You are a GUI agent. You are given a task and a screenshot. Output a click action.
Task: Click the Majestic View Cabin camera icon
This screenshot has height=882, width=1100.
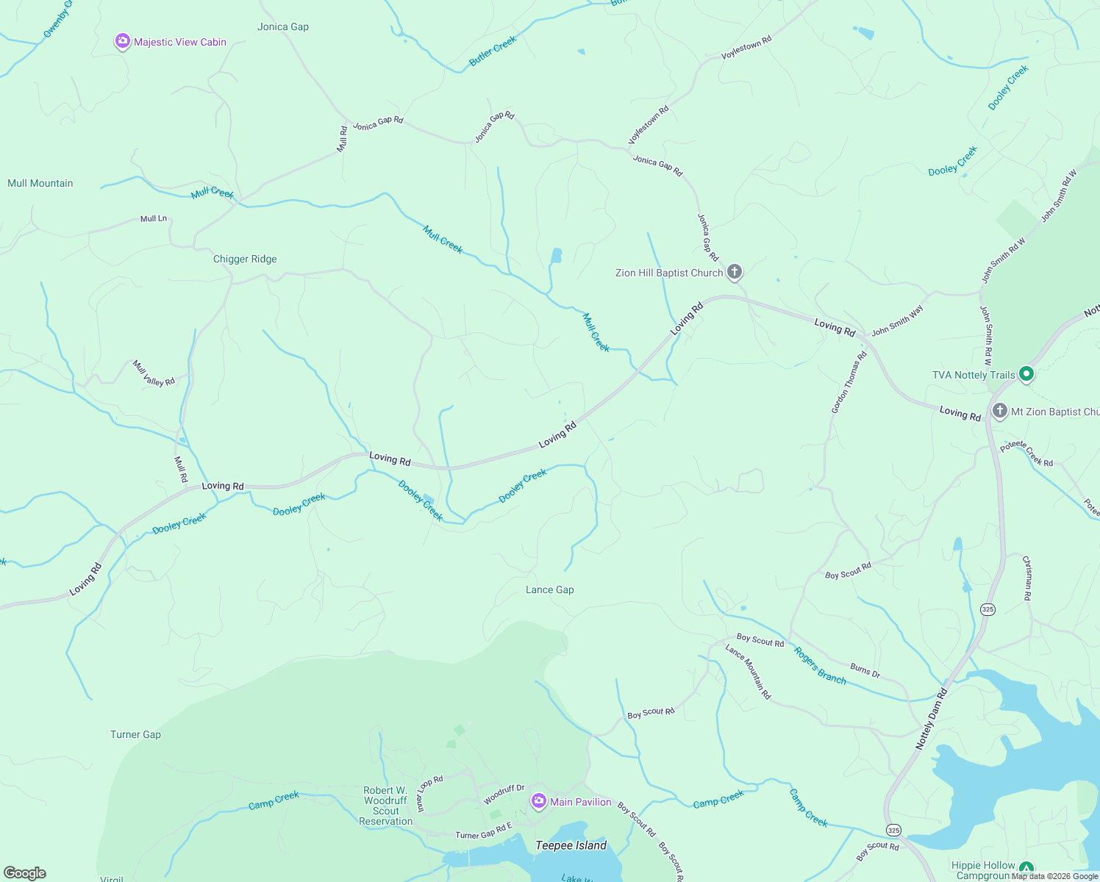(x=122, y=42)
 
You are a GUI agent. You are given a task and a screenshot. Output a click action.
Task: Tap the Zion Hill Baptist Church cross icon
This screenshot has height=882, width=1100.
(x=734, y=273)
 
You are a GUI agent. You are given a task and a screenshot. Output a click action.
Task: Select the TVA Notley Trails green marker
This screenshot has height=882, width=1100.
(x=1026, y=375)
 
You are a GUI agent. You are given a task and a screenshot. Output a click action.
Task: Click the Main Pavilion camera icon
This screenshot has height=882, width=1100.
(x=538, y=801)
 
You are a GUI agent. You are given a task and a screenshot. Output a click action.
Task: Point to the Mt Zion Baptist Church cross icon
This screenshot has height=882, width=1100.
(x=999, y=412)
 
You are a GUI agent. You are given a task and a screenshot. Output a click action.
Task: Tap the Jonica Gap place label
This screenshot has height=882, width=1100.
(x=283, y=26)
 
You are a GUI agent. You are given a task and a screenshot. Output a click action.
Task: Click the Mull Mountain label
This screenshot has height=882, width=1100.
(x=40, y=183)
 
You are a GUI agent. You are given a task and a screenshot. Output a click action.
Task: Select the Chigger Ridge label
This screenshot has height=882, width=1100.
(x=245, y=259)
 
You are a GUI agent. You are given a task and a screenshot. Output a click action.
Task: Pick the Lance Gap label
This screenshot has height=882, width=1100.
(x=549, y=589)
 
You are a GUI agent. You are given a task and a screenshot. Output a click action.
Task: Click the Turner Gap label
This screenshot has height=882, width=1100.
(x=135, y=734)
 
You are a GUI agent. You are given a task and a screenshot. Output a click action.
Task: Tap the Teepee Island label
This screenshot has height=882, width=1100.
(x=571, y=845)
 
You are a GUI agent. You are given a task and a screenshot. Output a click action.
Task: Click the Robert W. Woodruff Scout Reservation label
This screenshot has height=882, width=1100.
(x=385, y=806)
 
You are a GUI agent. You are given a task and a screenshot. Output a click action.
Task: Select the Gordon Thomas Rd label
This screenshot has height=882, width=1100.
(x=849, y=382)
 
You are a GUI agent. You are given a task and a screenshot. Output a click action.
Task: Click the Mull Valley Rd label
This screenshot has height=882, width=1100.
(x=154, y=373)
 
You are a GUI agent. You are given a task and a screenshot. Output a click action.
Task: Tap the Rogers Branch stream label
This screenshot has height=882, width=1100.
(x=820, y=666)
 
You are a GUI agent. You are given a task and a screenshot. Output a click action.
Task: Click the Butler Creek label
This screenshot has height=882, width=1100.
(x=493, y=51)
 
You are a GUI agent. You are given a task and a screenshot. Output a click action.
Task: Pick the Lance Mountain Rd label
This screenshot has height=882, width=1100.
(x=748, y=671)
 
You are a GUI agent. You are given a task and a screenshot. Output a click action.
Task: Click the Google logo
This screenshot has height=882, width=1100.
(x=24, y=873)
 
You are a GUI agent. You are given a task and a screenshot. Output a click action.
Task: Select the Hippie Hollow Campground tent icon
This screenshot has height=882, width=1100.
(x=1026, y=868)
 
